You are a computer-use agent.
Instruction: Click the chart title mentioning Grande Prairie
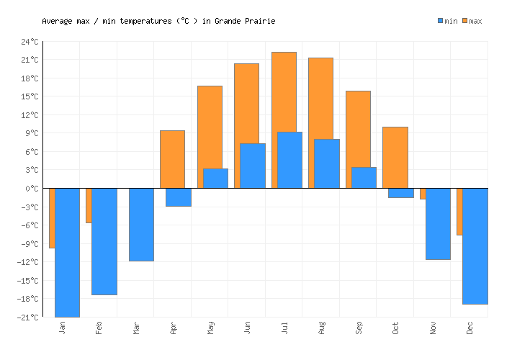tap(158, 21)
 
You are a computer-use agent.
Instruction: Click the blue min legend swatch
tap(440, 21)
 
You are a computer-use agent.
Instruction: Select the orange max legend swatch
tap(465, 21)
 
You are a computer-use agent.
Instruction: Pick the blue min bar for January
tap(67, 252)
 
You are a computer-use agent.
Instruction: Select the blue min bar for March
tap(141, 224)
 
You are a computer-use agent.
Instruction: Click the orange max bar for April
tap(172, 159)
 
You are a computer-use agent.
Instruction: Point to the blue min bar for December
tap(475, 246)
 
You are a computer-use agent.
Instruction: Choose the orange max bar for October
tap(395, 157)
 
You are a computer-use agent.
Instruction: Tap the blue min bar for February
tap(104, 241)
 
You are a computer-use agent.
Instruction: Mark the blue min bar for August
tap(327, 163)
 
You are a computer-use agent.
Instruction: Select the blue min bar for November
tap(438, 223)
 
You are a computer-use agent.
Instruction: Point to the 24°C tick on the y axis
tap(30, 42)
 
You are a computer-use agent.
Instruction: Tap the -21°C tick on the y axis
tap(28, 318)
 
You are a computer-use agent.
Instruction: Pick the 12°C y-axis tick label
tap(30, 115)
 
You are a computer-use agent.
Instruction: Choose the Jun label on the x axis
tap(247, 328)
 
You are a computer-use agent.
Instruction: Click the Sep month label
tap(359, 328)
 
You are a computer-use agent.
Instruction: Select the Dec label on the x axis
tap(470, 328)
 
